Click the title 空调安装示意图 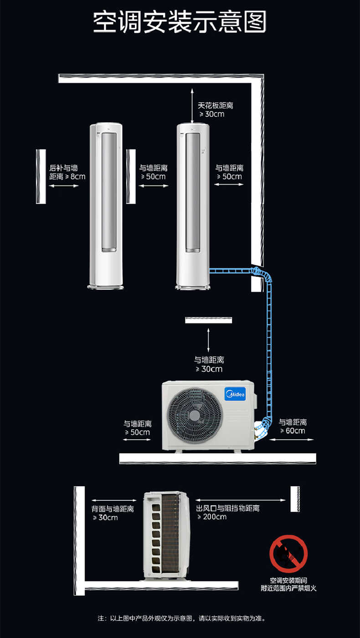[180, 22]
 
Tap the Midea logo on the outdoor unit [235, 394]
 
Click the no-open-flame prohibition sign [288, 553]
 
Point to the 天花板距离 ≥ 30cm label [215, 110]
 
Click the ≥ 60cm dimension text [293, 431]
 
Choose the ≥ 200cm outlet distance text [212, 517]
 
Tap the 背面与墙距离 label [113, 509]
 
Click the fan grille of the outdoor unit [195, 416]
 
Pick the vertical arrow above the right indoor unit [192, 106]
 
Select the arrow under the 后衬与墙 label [63, 186]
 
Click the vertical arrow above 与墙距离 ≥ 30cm [208, 340]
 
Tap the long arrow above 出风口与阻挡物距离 [241, 500]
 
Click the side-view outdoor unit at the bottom [166, 536]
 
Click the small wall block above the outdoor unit [209, 320]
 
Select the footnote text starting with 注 [181, 618]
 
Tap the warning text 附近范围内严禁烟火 [288, 588]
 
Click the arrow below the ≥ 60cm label [291, 439]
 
